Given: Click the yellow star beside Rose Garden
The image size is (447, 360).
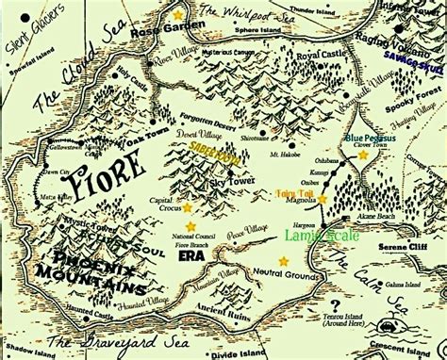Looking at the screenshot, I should tap(178, 16).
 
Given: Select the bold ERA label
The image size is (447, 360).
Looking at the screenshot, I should tap(191, 254).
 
